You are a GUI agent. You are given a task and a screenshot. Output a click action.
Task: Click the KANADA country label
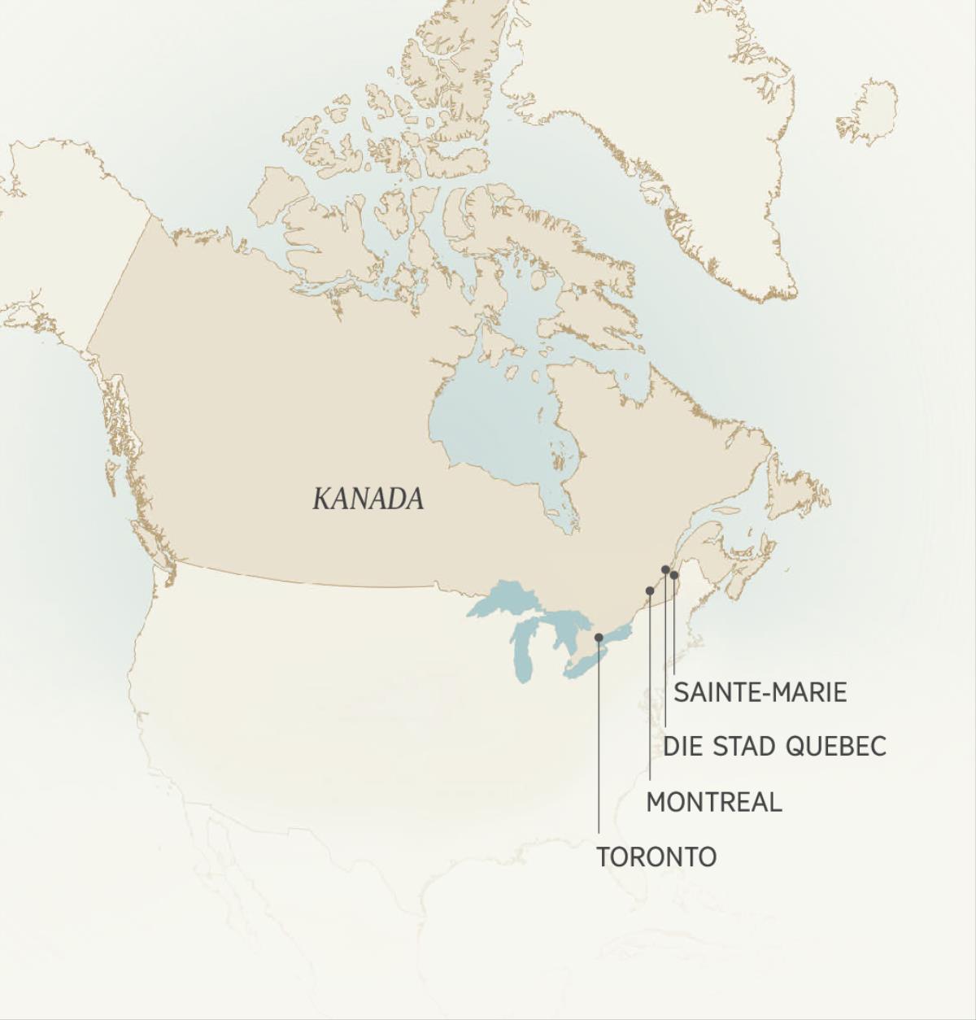pos(368,499)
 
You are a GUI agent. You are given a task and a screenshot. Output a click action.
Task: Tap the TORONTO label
pos(656,857)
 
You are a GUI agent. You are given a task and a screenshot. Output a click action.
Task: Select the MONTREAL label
pos(713,802)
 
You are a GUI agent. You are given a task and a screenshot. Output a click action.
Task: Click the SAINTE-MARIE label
pos(760,692)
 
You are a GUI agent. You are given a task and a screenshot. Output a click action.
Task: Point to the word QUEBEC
pos(835,746)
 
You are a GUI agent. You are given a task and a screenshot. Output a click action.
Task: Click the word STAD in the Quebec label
pos(743,746)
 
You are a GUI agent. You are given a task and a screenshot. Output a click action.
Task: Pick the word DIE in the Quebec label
pos(682,746)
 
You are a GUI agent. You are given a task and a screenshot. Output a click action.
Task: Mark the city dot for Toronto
pos(599,638)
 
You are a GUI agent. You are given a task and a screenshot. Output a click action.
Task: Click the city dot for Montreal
pos(649,591)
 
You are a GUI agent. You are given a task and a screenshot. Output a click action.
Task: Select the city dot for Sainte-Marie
pos(674,575)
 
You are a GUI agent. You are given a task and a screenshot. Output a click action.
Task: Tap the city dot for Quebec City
pos(665,569)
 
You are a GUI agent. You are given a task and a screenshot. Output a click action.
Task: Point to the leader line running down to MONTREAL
pos(649,691)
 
